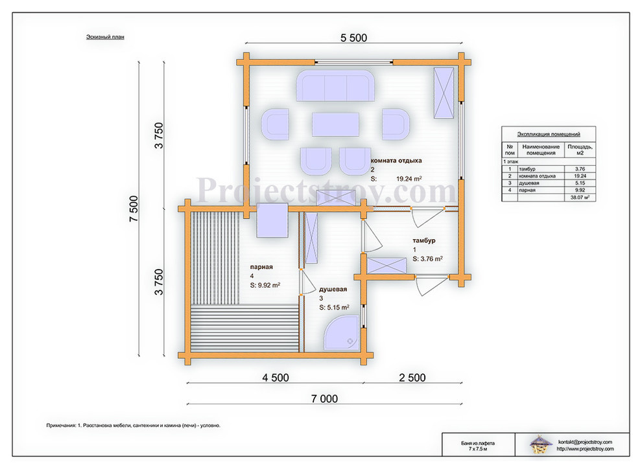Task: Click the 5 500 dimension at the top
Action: (x=354, y=38)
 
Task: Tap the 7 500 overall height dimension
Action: (x=134, y=209)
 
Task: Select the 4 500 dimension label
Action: (x=276, y=378)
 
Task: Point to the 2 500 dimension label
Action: (x=412, y=378)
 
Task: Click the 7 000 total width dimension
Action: (x=325, y=399)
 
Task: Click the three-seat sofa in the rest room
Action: (x=335, y=86)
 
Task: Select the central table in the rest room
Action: (x=336, y=125)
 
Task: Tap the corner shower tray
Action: (x=342, y=332)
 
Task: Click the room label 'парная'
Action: (x=261, y=267)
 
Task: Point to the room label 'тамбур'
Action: (x=423, y=240)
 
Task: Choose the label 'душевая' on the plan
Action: (x=333, y=289)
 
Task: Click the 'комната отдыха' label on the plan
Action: (x=396, y=161)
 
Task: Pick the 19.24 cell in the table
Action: (x=580, y=176)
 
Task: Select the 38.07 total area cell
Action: (x=580, y=197)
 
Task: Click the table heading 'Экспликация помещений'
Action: (x=549, y=134)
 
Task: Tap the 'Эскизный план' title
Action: (x=105, y=37)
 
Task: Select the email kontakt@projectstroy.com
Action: (x=585, y=442)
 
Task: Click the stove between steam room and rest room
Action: (x=272, y=220)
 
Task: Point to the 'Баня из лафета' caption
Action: (x=478, y=443)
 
